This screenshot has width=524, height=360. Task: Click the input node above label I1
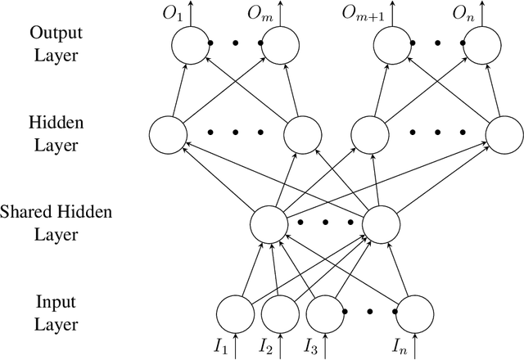[x=236, y=312]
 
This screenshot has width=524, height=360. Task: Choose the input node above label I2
[x=281, y=312]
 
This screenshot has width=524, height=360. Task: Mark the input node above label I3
[x=326, y=312]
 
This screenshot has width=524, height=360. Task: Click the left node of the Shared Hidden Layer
[x=269, y=222]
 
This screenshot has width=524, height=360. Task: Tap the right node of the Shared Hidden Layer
[x=380, y=222]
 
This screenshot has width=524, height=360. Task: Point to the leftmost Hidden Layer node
[x=168, y=133]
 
